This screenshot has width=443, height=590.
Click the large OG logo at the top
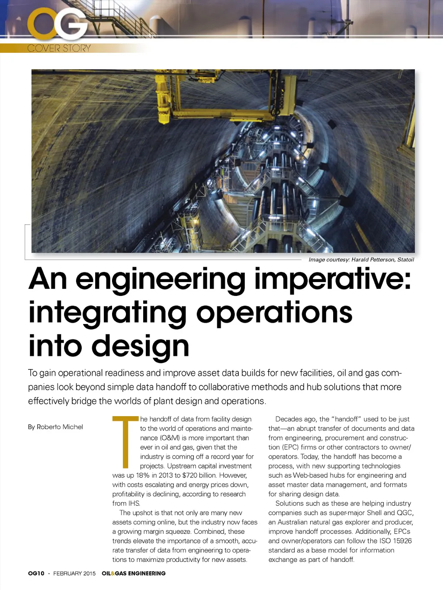pyautogui.click(x=58, y=25)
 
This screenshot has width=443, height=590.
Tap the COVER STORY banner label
pyautogui.click(x=59, y=48)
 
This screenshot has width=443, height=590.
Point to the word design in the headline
pyautogui.click(x=140, y=346)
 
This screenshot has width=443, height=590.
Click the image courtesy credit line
pyautogui.click(x=361, y=260)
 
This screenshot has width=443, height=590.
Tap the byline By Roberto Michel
pyautogui.click(x=55, y=427)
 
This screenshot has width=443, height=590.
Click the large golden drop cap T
pyautogui.click(x=125, y=441)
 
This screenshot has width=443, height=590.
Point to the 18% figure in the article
pyautogui.click(x=142, y=475)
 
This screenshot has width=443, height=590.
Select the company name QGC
pyautogui.click(x=404, y=513)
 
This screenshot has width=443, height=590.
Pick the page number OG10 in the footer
pyautogui.click(x=36, y=573)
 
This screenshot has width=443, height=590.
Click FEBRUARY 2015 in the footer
pyautogui.click(x=74, y=573)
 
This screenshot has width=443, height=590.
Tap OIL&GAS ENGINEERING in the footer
pyautogui.click(x=133, y=573)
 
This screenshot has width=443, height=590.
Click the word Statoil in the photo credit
pyautogui.click(x=405, y=260)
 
